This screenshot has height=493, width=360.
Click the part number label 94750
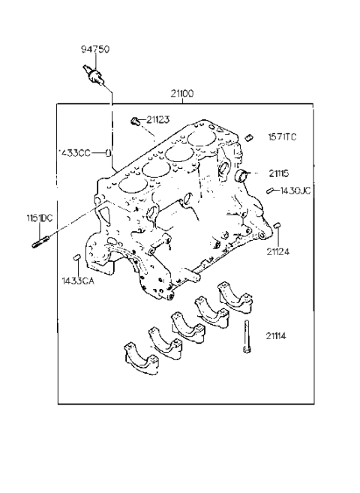(95, 50)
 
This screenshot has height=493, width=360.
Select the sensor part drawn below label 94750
(93, 76)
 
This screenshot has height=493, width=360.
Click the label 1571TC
(282, 137)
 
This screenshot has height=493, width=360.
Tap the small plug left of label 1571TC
(248, 137)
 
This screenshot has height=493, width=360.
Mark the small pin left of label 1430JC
(270, 191)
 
